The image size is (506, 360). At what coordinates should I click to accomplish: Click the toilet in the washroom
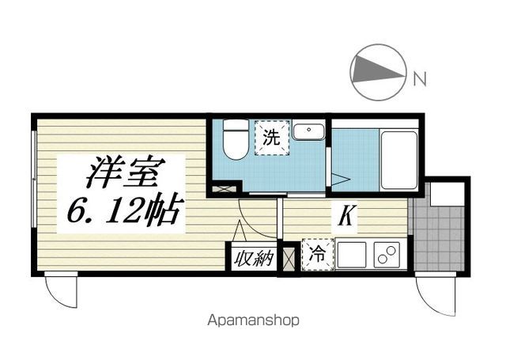coord(236,139)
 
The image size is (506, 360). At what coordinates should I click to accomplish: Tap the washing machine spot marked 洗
coord(272,138)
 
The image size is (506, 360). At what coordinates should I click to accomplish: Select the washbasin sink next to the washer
coord(308,131)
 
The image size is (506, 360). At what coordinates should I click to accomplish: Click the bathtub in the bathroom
coord(398,160)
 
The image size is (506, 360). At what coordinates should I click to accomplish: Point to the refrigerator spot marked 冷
coord(318,255)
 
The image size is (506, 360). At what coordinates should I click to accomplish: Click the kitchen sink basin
coord(352,255)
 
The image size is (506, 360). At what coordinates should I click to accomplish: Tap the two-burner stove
coord(387,255)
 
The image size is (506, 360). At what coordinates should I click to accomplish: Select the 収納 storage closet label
coord(254,259)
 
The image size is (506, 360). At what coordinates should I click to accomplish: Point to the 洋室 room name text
coord(126,172)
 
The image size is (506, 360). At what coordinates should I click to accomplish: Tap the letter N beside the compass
coord(420,78)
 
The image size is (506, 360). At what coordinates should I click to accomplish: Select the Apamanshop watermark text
coord(253,320)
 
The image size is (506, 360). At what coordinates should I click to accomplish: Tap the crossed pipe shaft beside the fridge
coord(289,259)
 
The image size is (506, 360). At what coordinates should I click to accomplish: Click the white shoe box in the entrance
coord(447,195)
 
